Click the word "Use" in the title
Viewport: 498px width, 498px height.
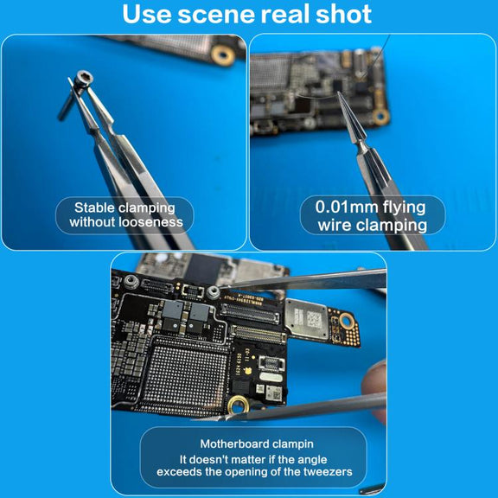(147, 14)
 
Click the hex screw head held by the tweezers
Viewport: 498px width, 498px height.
(85, 79)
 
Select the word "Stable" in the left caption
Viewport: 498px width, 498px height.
(94, 207)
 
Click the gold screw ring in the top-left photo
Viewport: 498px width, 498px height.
(223, 55)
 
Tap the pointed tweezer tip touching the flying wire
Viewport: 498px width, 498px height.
(339, 93)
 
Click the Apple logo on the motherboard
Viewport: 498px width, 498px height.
(247, 370)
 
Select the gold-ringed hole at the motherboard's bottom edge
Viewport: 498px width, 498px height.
(239, 405)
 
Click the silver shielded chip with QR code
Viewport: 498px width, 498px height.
(306, 318)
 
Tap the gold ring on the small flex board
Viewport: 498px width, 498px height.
(347, 321)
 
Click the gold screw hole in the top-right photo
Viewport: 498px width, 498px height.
(380, 117)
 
